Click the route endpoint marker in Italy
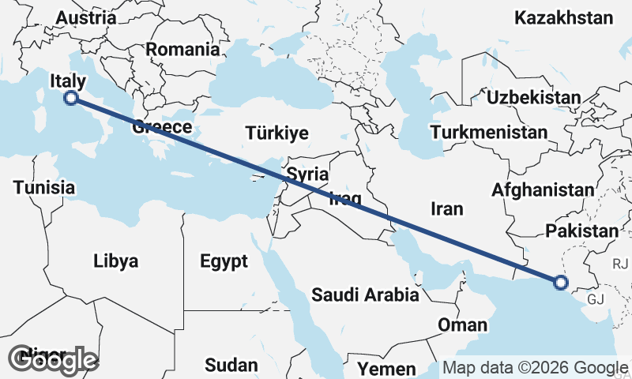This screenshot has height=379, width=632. click(x=70, y=98)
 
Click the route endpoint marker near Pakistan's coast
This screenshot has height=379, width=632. click(x=560, y=282)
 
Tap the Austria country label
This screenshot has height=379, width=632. click(x=87, y=17)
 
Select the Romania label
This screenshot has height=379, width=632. click(x=182, y=49)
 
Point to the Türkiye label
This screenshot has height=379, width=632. click(x=276, y=133)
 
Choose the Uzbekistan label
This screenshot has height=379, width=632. click(x=534, y=97)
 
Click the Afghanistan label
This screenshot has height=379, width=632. click(x=542, y=189)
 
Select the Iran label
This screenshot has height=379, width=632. click(x=447, y=208)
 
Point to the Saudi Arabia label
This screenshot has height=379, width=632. click(x=365, y=295)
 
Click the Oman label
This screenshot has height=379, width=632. click(x=462, y=325)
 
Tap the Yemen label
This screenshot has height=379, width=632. click(x=386, y=369)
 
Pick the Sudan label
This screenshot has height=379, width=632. click(x=231, y=365)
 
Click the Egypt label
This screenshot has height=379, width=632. click(x=224, y=261)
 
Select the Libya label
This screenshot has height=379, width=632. click(x=115, y=261)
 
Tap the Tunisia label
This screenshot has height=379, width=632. click(x=44, y=188)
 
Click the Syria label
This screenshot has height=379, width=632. click(x=307, y=174)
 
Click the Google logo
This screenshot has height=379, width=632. click(x=53, y=360)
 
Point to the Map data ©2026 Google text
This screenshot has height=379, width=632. click(x=535, y=367)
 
